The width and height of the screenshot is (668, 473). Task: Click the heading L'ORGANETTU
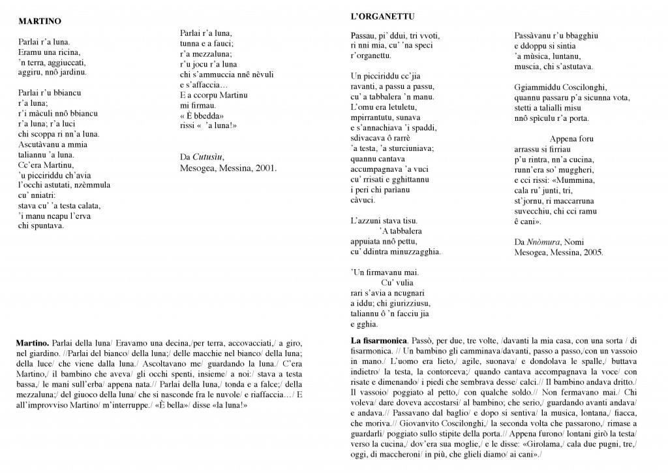click(x=379, y=15)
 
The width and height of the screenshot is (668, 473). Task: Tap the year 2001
click(x=265, y=167)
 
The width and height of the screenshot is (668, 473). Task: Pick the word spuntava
click(x=47, y=226)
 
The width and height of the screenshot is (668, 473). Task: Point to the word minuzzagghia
click(x=413, y=252)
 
